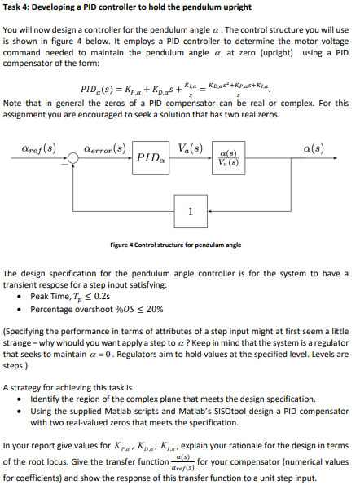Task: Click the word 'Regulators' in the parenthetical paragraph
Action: [212, 355]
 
